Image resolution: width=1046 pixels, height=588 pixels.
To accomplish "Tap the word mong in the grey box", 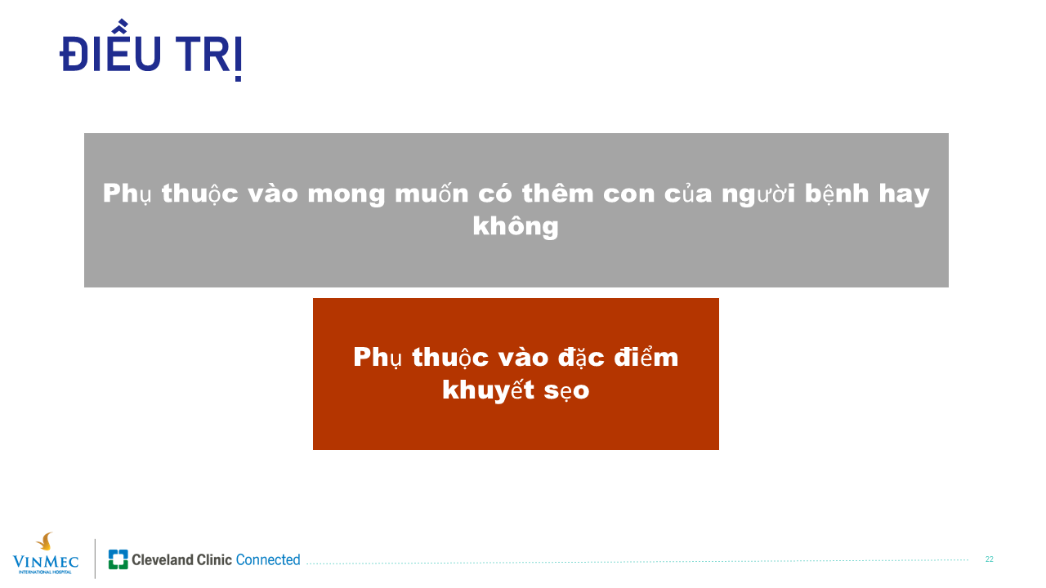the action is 346,194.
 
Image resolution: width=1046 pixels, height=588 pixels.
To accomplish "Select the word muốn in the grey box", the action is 431,191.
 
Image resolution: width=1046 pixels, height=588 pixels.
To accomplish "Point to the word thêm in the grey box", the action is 557,191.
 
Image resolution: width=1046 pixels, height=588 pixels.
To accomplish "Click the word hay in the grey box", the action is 904,194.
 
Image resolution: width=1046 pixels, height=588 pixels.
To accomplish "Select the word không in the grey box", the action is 516,226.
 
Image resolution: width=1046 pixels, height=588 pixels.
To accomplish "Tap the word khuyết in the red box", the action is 488,389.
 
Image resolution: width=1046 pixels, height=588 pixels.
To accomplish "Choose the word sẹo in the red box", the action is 566,391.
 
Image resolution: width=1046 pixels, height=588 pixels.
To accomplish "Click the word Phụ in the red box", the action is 378,359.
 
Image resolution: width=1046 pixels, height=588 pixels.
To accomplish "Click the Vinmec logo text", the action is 45,561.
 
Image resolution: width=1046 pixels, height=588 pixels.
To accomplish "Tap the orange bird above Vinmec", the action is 45,541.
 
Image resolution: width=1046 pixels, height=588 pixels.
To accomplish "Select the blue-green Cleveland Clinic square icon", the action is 118,559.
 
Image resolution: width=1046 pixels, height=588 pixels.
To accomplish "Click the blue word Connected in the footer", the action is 268,559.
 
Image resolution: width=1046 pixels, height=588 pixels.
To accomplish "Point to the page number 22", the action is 990,559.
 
